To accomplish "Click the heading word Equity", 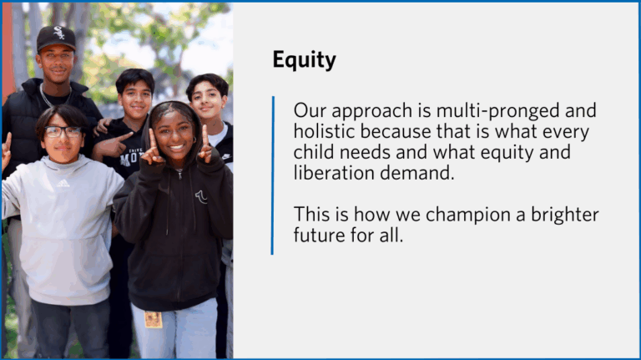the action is tap(304, 60).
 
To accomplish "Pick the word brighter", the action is tap(564, 215).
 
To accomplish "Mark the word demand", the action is tap(417, 173).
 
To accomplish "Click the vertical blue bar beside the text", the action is tap(273, 175).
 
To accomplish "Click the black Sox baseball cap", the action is tap(57, 38).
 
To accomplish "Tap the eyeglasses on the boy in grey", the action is tap(63, 132).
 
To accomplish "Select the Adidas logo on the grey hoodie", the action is tap(63, 184).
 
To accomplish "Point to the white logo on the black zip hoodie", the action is tap(201, 197).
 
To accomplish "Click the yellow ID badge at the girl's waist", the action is tap(154, 320).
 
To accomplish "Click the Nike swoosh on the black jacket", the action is tap(225, 157).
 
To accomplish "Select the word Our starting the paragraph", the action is tap(310, 111).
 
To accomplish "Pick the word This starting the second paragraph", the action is tap(310, 215).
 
